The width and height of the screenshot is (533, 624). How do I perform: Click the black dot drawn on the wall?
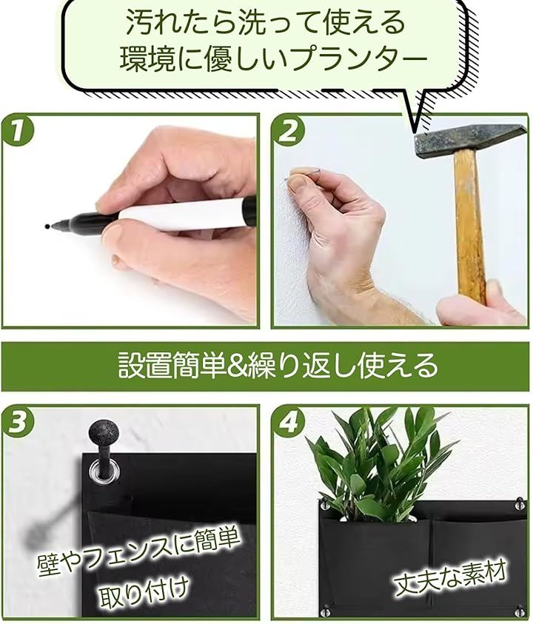(47, 227)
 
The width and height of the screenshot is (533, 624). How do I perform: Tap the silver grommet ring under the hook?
(104, 470)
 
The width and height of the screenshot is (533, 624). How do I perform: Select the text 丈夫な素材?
(450, 578)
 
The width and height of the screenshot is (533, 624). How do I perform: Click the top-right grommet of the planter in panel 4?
(519, 505)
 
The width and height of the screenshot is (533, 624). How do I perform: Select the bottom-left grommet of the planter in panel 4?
(326, 610)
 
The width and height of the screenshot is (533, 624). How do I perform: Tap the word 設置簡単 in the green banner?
(170, 366)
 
